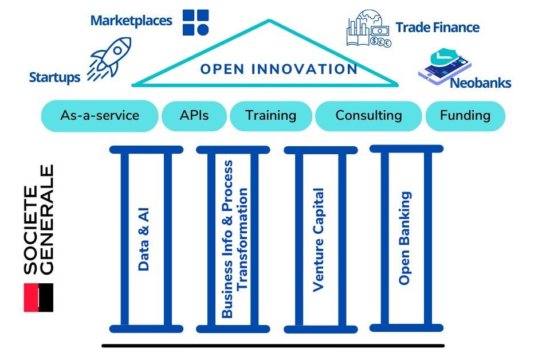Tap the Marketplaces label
[131, 21]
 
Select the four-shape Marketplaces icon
[196, 22]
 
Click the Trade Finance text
[437, 27]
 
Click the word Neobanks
[480, 83]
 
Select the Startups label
[54, 77]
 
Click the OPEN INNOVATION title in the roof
[278, 69]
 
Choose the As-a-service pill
[100, 115]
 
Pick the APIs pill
[194, 115]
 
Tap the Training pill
[270, 115]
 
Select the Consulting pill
[368, 115]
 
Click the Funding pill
[465, 115]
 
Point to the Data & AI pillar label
[144, 238]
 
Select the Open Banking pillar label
[405, 238]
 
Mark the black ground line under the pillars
[273, 346]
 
